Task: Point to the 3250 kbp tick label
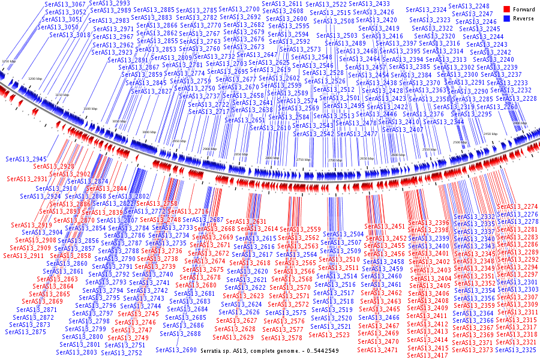9,61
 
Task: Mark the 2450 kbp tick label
490,134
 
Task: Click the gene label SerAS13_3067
65,5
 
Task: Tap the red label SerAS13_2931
27,179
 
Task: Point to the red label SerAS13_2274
518,207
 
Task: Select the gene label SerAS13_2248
470,6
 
